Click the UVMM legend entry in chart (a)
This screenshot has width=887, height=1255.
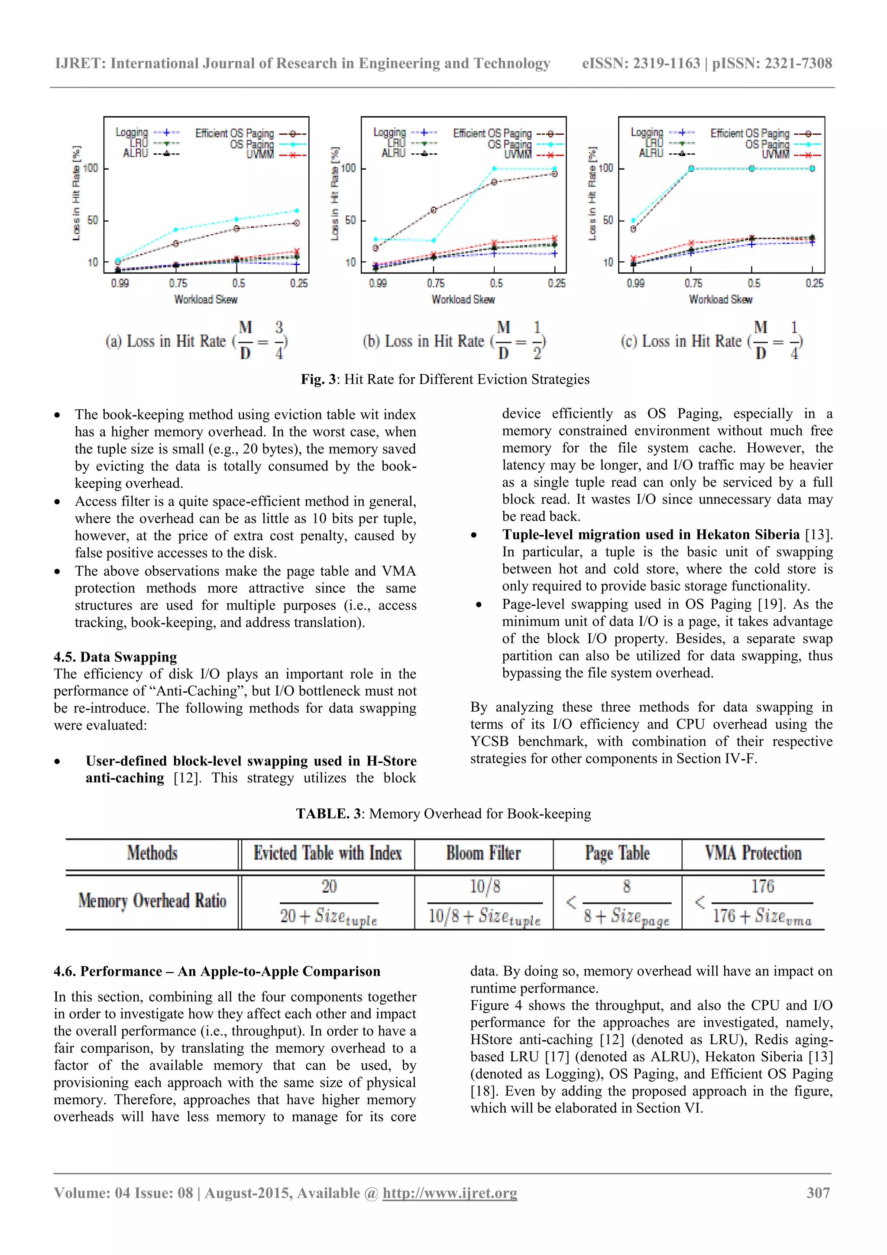[260, 155]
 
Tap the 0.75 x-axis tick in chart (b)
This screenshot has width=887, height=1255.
[436, 283]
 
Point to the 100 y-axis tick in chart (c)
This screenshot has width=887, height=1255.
[605, 168]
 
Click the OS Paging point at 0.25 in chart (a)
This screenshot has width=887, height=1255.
[297, 211]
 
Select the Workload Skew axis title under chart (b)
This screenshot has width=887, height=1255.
[463, 299]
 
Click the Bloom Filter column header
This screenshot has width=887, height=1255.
[483, 853]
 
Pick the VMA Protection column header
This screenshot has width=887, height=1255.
[753, 853]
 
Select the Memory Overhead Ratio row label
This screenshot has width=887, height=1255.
[152, 901]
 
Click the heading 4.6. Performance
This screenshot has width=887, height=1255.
[217, 971]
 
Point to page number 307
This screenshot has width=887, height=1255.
[818, 1193]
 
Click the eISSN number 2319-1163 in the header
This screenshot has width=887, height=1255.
[666, 63]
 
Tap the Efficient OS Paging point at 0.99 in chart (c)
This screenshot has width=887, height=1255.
[633, 229]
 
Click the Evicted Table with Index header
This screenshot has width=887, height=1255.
[327, 853]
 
